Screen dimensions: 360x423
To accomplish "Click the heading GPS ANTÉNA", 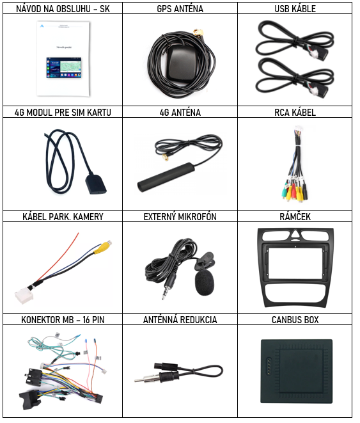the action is coord(180,8).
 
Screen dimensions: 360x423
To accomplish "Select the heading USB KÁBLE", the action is coord(295,8).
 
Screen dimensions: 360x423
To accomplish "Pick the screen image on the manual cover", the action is coord(64,67).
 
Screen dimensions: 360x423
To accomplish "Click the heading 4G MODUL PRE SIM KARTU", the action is coord(63,112).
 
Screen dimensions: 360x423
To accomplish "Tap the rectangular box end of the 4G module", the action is coord(96,184).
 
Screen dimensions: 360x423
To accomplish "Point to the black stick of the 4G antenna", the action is coord(166,177).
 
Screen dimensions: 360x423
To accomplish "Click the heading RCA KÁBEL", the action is coord(295,112).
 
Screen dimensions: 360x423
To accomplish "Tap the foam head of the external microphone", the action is coord(205,283).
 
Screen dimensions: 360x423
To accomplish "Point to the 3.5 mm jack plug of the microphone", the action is coord(168,287).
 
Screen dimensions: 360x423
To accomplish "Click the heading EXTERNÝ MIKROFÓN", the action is coord(180,217).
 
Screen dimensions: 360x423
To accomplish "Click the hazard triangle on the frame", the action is coord(295,234).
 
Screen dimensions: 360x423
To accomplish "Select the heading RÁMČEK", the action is coord(295,217).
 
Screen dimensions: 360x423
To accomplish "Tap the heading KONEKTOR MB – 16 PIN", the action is coord(63,320).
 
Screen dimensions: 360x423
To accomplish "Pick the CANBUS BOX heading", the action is coord(295,320).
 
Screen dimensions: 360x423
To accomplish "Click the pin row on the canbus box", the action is coord(269,368).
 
